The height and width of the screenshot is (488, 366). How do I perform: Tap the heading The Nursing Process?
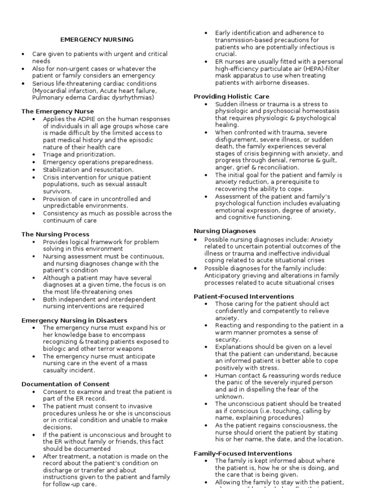pyautogui.click(x=55, y=234)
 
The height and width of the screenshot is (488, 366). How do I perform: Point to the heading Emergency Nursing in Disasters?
pyautogui.click(x=74, y=321)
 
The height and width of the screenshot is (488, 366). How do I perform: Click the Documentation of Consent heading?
pyautogui.click(x=65, y=384)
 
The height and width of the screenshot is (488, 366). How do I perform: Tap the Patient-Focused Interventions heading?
pyautogui.click(x=244, y=296)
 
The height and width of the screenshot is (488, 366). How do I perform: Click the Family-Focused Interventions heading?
pyautogui.click(x=243, y=454)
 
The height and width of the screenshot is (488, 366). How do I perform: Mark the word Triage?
pyautogui.click(x=53, y=155)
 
